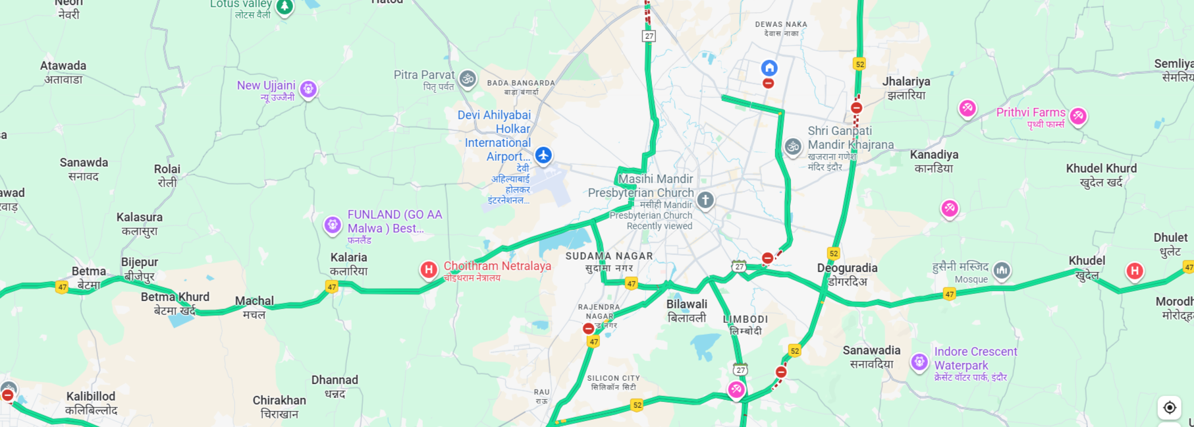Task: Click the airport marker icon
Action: coord(543,156)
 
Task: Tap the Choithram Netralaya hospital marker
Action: coord(429,270)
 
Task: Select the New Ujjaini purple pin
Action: coord(308,89)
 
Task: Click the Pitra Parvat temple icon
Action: coord(468,79)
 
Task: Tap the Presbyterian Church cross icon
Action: coord(705,200)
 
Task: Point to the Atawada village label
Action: coord(63,72)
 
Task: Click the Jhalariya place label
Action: coord(906,88)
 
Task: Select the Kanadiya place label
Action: coord(934,161)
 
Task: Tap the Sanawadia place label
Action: coord(871,356)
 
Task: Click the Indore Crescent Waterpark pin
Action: coord(919,362)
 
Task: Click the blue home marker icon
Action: coord(769,68)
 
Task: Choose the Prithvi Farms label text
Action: coord(1030,113)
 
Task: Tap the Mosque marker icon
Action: coord(1002,270)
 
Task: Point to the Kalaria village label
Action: coord(348,264)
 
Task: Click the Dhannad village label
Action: coord(335,386)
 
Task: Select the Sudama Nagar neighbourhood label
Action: coord(609,262)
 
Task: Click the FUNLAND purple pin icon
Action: coord(333,225)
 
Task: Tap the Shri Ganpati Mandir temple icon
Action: coord(793,147)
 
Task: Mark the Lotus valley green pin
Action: coord(285,7)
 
